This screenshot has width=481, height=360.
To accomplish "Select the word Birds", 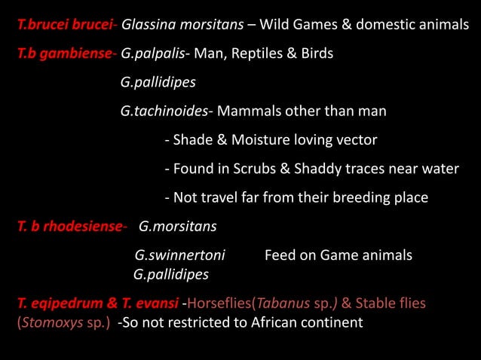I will (316, 54).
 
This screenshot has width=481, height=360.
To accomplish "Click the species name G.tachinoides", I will (164, 111).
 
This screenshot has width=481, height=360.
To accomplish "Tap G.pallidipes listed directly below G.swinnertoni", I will (170, 274).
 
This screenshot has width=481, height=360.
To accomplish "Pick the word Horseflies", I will (219, 304).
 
